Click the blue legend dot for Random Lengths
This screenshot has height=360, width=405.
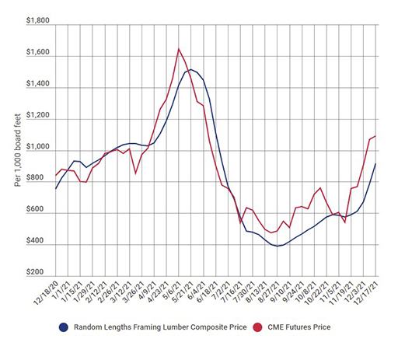(x=65, y=327)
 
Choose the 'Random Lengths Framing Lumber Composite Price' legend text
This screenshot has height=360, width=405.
(x=153, y=327)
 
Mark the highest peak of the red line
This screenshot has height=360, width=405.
(x=179, y=49)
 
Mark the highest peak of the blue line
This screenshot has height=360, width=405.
(x=190, y=69)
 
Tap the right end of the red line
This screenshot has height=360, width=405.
(x=375, y=136)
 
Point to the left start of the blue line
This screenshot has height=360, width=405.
(x=56, y=188)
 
